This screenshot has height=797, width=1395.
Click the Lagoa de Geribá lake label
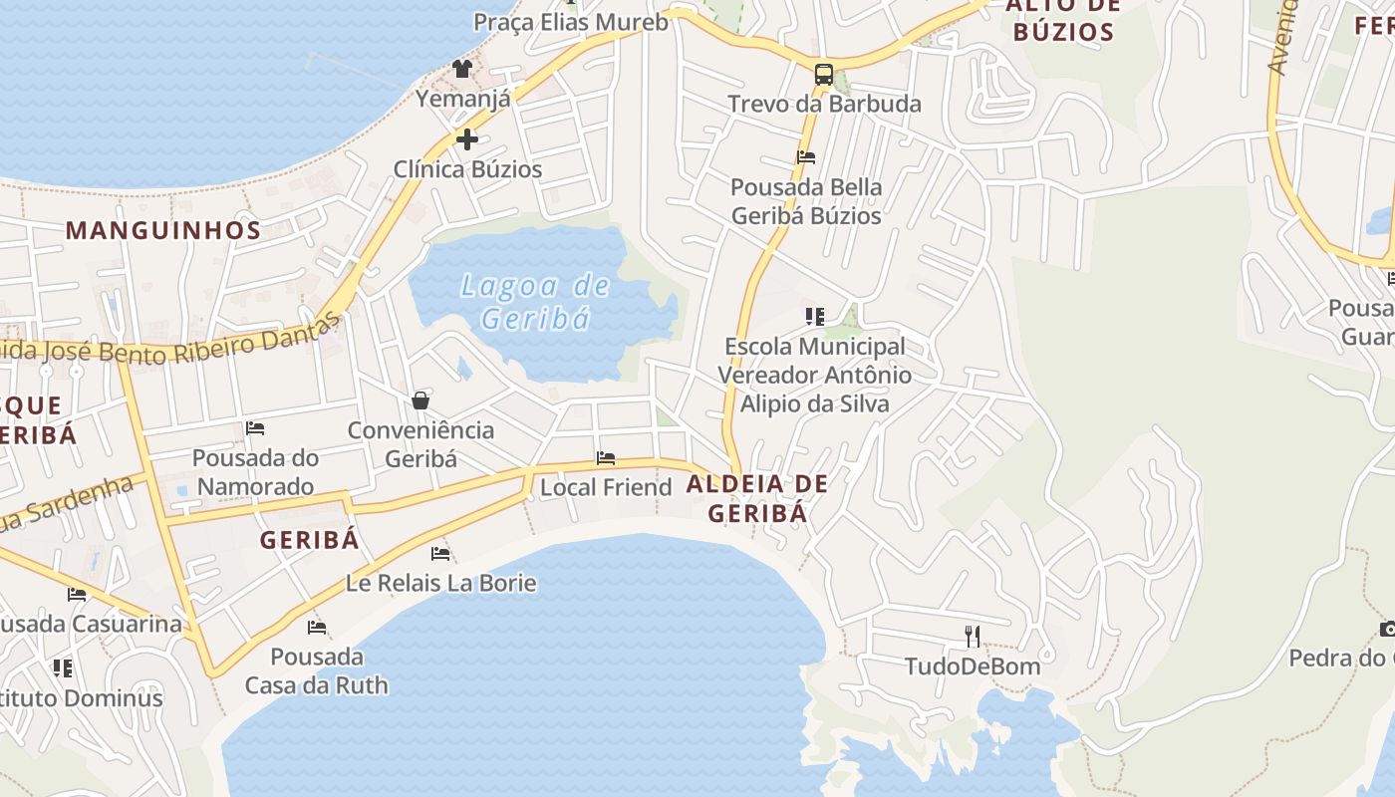[x=535, y=302]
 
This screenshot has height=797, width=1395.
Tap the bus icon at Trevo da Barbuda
[x=824, y=74]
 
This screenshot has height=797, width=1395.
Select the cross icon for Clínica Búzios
[x=466, y=139]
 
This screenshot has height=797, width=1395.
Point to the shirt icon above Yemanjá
[x=462, y=68]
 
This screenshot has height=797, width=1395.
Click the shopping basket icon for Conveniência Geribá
[x=420, y=400]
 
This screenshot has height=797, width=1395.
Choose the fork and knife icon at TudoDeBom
[x=973, y=636]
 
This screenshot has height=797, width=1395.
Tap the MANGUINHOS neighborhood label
[x=163, y=230]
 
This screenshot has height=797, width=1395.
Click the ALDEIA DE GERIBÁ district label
[x=757, y=498]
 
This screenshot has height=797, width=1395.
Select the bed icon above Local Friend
[x=606, y=458]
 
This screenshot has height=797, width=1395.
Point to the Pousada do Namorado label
[x=255, y=472]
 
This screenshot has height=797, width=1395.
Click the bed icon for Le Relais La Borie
[x=440, y=554]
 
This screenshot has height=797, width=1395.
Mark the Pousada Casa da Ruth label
[x=317, y=671]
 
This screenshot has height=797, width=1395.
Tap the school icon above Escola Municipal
[x=815, y=317]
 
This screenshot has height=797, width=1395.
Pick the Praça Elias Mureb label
[x=570, y=22]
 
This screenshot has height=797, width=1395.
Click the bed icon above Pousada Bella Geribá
[x=806, y=157]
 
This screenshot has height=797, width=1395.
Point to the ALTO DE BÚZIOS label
[x=1063, y=19]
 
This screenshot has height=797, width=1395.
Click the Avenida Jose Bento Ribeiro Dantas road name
[x=169, y=345]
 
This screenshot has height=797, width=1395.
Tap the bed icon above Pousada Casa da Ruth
[x=317, y=628]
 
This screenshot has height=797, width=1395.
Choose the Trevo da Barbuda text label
[x=824, y=104]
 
